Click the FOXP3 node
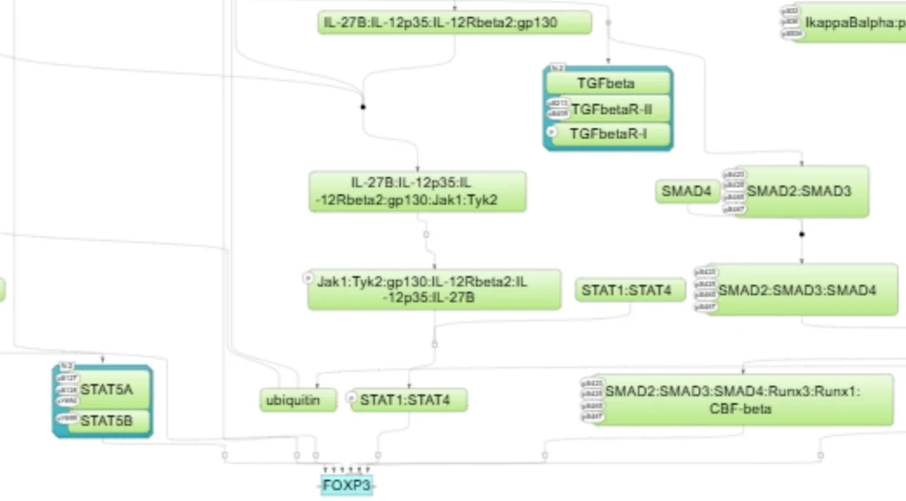click(347, 485)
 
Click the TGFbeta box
click(607, 83)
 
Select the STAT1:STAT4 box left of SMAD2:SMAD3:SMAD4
click(632, 289)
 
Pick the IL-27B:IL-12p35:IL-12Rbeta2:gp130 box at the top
click(454, 22)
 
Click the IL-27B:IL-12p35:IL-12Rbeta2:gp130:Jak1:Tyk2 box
click(418, 191)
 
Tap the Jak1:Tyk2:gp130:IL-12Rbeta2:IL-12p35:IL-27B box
click(434, 289)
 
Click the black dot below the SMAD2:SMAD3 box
click(802, 235)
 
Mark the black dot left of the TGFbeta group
click(362, 107)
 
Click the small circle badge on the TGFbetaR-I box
click(550, 131)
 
